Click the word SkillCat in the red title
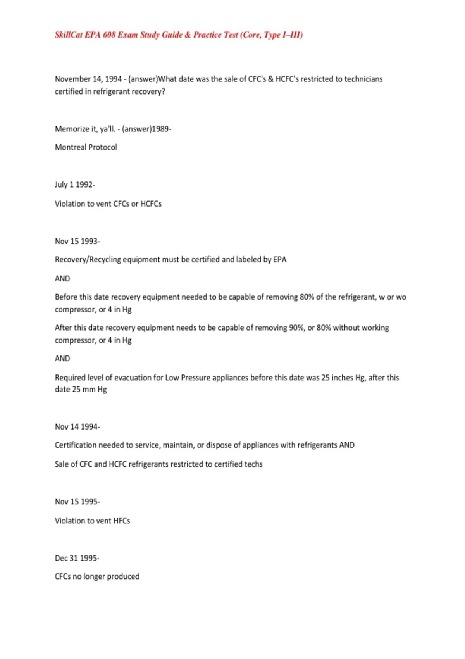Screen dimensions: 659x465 click(69, 35)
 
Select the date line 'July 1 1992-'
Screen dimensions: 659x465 click(75, 185)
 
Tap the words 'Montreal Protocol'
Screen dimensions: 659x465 click(86, 147)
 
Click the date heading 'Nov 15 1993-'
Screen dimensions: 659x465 click(77, 241)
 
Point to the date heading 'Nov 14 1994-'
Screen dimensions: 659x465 click(77, 427)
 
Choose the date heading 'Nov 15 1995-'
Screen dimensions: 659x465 click(77, 502)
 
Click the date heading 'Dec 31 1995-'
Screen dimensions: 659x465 click(77, 558)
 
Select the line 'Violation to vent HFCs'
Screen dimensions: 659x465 click(92, 521)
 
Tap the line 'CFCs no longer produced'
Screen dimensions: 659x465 click(97, 576)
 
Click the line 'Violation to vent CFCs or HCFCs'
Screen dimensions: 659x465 click(108, 204)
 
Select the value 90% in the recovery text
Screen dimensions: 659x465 click(296, 328)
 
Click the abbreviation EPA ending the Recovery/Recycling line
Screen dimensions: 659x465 click(280, 260)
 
